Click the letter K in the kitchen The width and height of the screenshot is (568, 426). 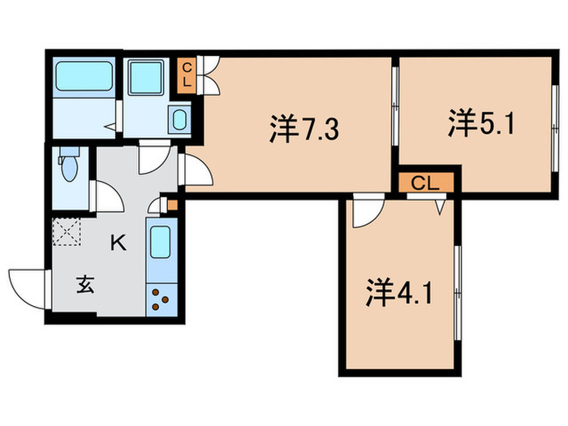pyautogui.click(x=118, y=242)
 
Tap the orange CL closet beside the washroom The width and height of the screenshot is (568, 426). pyautogui.click(x=187, y=74)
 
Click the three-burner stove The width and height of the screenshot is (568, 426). pyautogui.click(x=160, y=299)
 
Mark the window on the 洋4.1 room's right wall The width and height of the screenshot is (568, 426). pyautogui.click(x=458, y=284)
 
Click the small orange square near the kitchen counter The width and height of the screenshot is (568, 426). pyautogui.click(x=170, y=204)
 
